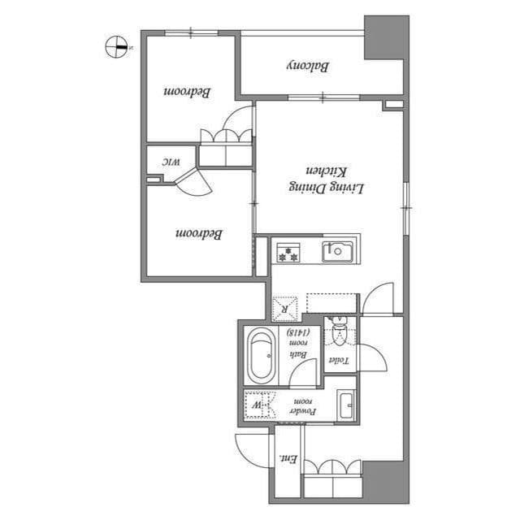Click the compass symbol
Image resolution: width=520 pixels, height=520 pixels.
117,47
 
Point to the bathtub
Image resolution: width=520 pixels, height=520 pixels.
260,355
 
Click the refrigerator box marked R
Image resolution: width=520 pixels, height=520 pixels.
285,308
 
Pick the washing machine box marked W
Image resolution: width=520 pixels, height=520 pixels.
258,404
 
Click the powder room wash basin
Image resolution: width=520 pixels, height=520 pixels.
345,404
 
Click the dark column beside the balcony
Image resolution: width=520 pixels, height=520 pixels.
383,37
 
